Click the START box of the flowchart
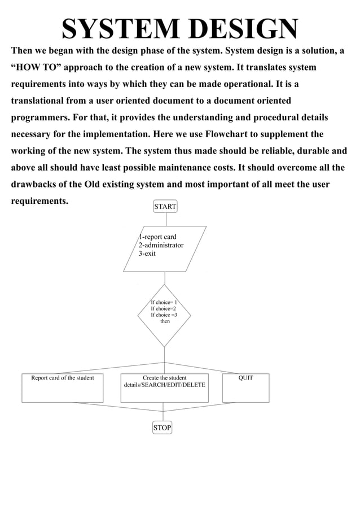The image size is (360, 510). [x=165, y=207]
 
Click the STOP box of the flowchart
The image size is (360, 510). [x=162, y=428]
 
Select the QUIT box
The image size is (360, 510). [x=245, y=387]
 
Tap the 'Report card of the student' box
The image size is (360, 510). [x=63, y=387]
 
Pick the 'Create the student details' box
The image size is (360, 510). [x=164, y=387]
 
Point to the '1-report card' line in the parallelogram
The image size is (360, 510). [x=158, y=237]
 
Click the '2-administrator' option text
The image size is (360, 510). [x=161, y=245]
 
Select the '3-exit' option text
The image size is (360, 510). [x=147, y=254]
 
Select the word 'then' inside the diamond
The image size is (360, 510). [x=165, y=321]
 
